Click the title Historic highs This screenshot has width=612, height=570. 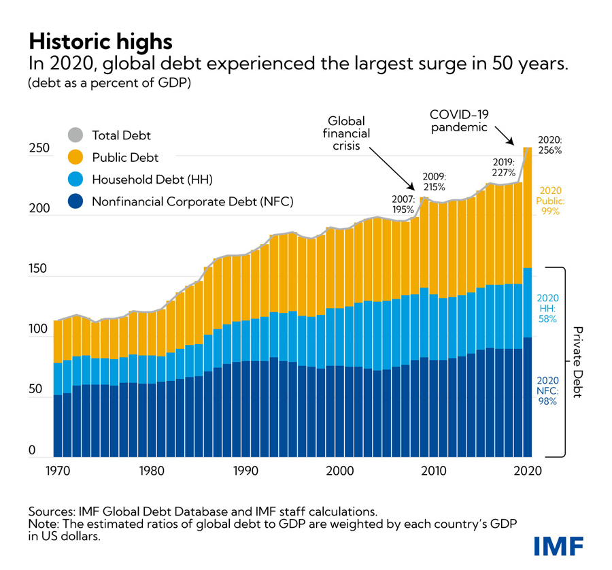pyautogui.click(x=100, y=41)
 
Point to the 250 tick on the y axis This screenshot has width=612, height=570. pyautogui.click(x=40, y=148)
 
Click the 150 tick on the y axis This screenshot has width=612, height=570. pyautogui.click(x=40, y=269)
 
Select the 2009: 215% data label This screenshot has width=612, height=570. pyautogui.click(x=434, y=182)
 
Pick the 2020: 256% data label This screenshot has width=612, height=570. pyautogui.click(x=549, y=145)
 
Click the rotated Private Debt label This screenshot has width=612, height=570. pyautogui.click(x=577, y=362)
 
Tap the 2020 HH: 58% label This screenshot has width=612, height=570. pyautogui.click(x=547, y=307)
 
